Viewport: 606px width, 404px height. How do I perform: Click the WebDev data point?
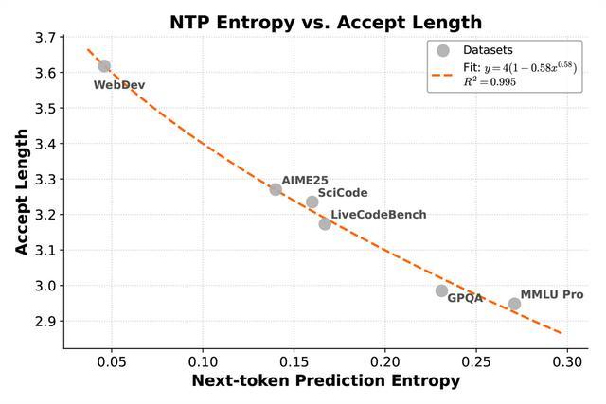104,66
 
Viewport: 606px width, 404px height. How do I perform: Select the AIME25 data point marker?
276,189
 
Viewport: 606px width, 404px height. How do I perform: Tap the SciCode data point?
312,202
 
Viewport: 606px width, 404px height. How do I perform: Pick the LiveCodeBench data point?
325,223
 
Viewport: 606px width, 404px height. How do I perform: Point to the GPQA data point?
441,290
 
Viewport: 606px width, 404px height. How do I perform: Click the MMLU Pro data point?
514,304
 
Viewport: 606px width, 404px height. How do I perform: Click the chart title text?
325,22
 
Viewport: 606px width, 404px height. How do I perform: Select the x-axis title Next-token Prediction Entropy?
326,381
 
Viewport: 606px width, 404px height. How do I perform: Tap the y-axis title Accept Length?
22,194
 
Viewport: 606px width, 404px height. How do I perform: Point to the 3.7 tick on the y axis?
44,38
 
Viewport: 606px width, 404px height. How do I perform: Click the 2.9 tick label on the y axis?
44,322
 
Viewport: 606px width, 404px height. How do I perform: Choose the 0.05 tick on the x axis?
112,361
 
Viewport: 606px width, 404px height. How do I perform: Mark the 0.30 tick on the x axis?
567,361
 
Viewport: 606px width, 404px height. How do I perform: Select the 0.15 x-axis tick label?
294,361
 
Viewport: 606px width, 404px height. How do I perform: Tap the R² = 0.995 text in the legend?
490,82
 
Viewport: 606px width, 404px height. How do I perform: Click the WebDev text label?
119,85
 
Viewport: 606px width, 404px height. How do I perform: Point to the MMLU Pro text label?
552,295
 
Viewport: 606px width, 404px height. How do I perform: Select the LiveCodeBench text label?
379,216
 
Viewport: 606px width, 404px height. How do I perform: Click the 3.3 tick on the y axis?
44,180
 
